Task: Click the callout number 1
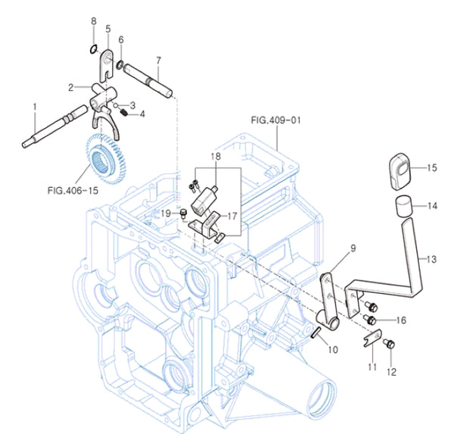tap(34, 107)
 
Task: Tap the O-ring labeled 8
tap(92, 50)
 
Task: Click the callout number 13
tap(431, 260)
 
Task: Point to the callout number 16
tap(400, 320)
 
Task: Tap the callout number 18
tap(216, 155)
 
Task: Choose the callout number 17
tap(232, 215)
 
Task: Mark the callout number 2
tap(70, 87)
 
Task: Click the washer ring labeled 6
tap(121, 63)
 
